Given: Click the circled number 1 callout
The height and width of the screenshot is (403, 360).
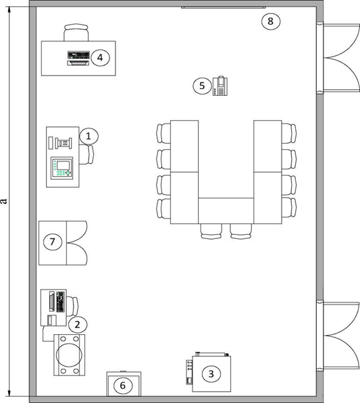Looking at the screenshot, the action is [88, 136].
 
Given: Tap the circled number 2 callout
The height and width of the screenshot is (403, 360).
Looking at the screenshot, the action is [78, 325].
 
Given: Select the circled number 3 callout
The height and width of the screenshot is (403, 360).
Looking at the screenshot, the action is [211, 374].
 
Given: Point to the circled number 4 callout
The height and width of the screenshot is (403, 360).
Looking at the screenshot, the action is [100, 57].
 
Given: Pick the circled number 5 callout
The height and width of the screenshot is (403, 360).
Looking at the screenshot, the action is [202, 86].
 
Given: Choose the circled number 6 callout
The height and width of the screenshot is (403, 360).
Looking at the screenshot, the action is [123, 385].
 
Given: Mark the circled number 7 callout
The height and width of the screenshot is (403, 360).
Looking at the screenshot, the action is [53, 242].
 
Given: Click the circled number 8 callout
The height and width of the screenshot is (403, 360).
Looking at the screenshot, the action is [271, 22].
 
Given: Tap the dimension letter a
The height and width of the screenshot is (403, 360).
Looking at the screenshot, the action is [3, 201].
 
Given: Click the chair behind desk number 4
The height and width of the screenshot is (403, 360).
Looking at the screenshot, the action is [76, 32].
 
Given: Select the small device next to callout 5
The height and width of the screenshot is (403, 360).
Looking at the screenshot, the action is [220, 86].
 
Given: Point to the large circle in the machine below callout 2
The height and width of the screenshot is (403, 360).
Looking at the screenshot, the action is [69, 354].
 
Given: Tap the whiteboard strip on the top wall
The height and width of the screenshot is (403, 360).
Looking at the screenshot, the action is [224, 7].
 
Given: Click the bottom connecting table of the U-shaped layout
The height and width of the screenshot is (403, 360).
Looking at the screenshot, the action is [226, 211].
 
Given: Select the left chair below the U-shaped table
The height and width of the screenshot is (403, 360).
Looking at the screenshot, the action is [211, 232].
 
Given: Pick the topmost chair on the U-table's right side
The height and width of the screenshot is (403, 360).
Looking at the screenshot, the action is [289, 133].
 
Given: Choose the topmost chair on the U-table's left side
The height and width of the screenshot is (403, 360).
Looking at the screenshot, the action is [163, 133].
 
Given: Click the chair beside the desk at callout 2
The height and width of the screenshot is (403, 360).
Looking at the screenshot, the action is [72, 306].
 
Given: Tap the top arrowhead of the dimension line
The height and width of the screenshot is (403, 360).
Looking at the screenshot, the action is [9, 9].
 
